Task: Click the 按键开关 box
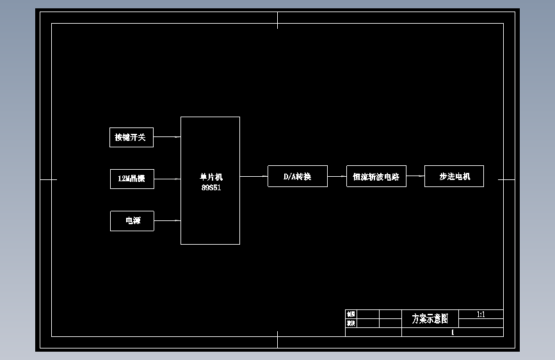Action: click(x=131, y=137)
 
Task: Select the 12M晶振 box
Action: click(x=132, y=179)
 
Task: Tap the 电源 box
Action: click(x=132, y=221)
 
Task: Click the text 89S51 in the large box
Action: click(x=211, y=188)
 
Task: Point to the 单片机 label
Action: click(x=211, y=177)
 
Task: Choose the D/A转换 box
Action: click(x=297, y=176)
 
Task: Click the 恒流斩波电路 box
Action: click(x=376, y=177)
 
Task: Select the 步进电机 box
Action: click(x=454, y=176)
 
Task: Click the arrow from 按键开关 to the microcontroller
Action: click(x=167, y=136)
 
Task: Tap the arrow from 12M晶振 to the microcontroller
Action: click(x=167, y=179)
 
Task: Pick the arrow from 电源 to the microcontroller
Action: click(x=167, y=221)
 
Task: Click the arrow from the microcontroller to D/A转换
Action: click(x=253, y=176)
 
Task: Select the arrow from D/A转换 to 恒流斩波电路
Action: click(x=337, y=176)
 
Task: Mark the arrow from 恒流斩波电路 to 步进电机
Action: click(x=415, y=176)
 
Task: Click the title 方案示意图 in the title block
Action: click(x=430, y=318)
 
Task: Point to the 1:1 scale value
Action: click(x=481, y=315)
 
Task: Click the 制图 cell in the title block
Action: click(x=351, y=314)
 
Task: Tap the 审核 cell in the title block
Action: click(x=351, y=323)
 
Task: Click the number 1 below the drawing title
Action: click(x=453, y=332)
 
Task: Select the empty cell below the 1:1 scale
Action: click(x=481, y=323)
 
